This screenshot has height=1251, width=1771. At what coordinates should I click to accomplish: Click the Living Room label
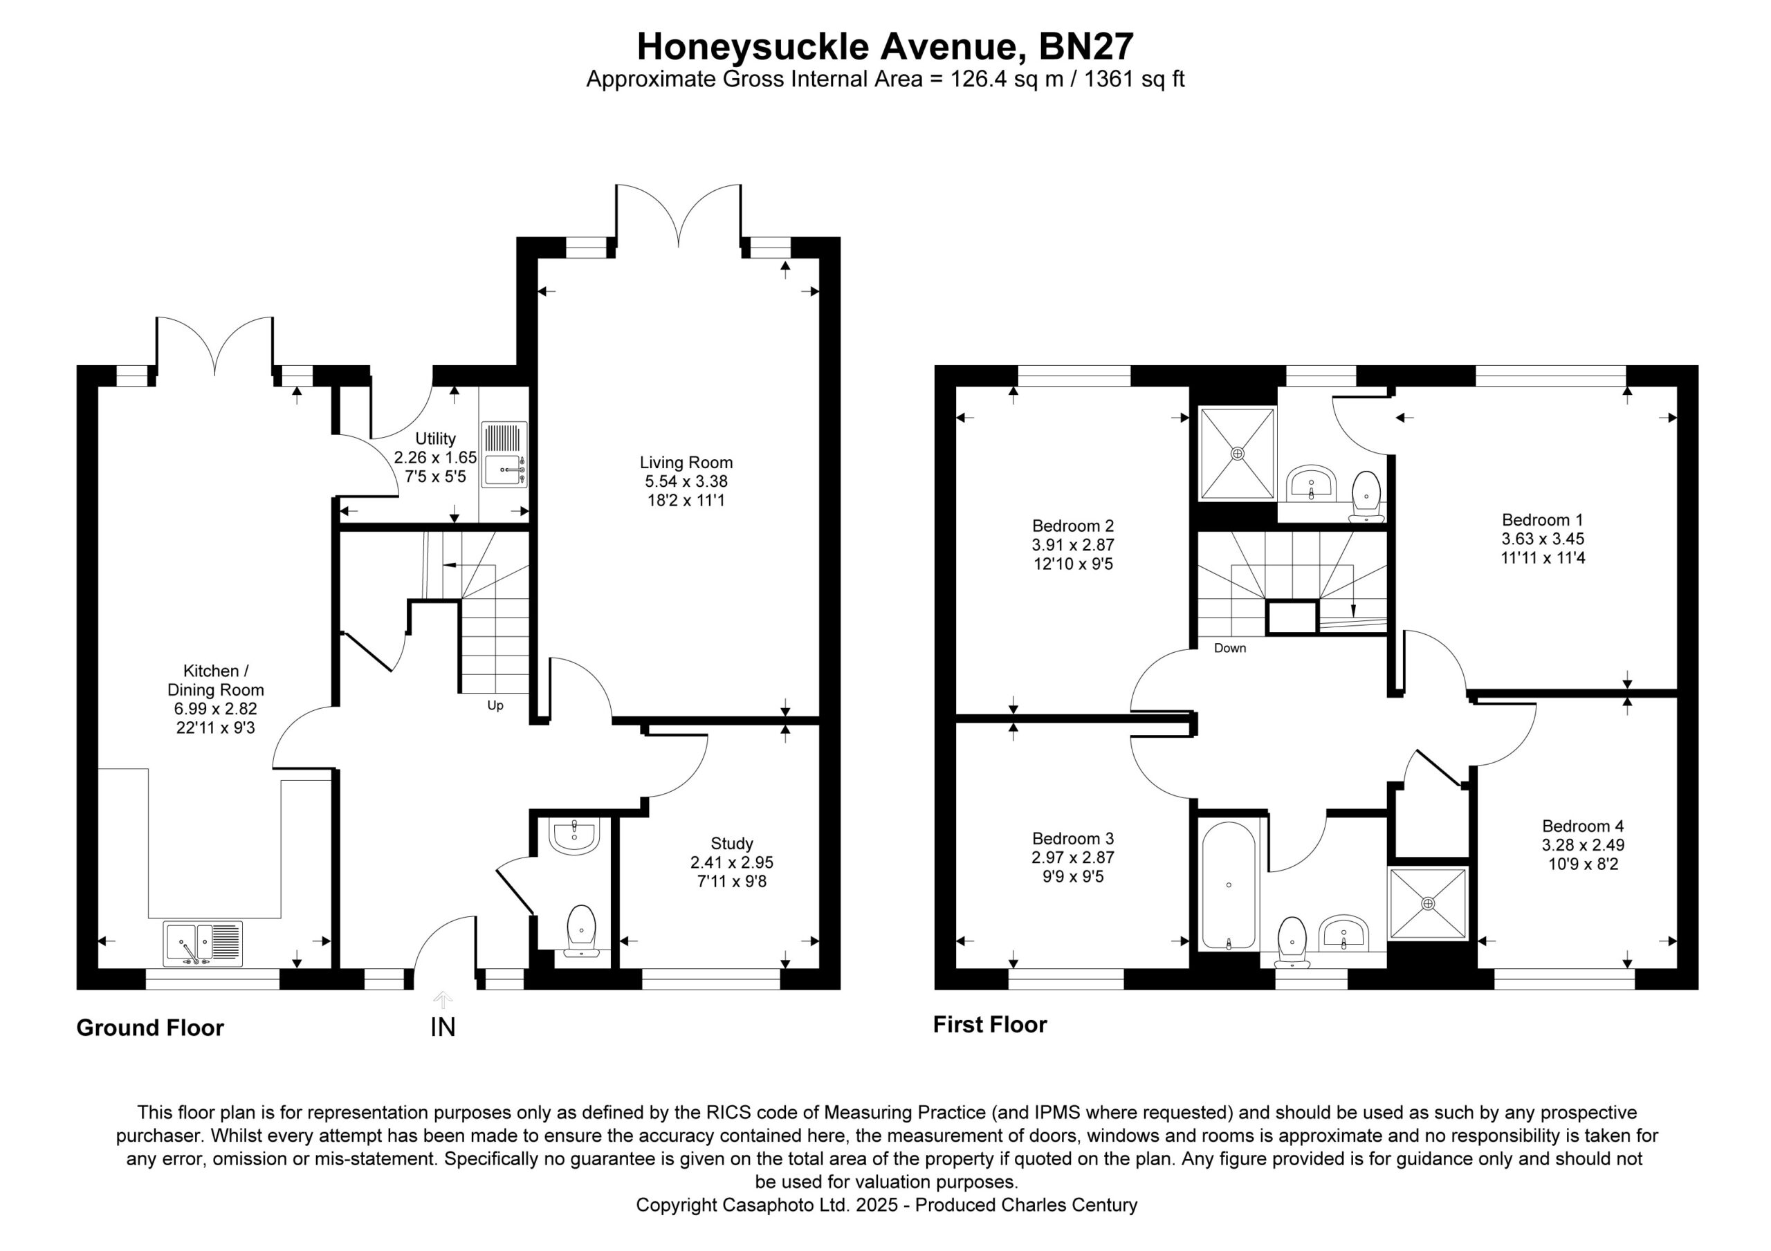click(x=686, y=463)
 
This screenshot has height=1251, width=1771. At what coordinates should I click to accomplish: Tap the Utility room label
click(x=435, y=439)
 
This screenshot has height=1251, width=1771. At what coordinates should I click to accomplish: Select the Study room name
click(x=732, y=844)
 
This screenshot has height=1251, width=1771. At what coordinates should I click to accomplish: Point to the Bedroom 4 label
click(x=1583, y=826)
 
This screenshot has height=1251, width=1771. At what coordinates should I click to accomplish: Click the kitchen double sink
click(x=203, y=944)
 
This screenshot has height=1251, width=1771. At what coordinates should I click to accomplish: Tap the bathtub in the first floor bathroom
click(x=1229, y=884)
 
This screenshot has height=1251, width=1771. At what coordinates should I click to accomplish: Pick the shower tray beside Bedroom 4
click(x=1428, y=903)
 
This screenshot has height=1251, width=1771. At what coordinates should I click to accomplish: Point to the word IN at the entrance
click(x=443, y=1028)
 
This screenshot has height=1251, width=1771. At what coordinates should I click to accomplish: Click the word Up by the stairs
click(x=495, y=705)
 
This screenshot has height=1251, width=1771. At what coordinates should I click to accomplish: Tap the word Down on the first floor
click(x=1229, y=648)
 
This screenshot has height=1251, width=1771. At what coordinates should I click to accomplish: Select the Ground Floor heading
click(x=149, y=1028)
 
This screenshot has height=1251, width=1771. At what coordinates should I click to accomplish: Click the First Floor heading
click(x=991, y=1025)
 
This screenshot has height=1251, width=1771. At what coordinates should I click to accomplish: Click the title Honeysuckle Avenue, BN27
click(x=885, y=46)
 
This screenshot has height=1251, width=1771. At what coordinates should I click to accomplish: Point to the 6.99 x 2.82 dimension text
click(x=216, y=709)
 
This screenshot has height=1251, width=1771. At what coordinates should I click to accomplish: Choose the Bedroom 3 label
click(x=1073, y=838)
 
